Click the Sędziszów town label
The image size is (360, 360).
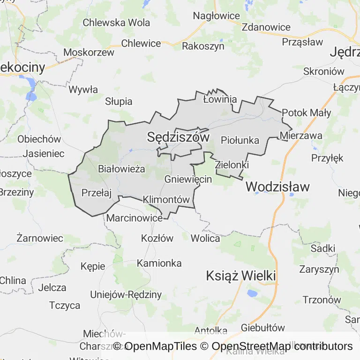tap(178, 137)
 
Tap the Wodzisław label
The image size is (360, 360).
tap(277, 187)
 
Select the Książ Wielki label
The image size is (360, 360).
tap(241, 276)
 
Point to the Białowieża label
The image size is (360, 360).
tap(121, 169)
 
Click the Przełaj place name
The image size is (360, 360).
tap(96, 192)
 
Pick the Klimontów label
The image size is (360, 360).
tap(166, 199)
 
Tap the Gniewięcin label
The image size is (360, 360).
tap(188, 179)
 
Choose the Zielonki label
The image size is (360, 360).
tap(232, 165)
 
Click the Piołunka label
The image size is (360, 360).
tap(240, 140)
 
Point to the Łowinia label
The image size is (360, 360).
tap(220, 99)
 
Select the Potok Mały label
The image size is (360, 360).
tap(307, 112)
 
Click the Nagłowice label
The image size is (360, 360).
tap(216, 16)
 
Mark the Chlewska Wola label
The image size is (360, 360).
tap(116, 22)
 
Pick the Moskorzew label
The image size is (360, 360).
tap(89, 52)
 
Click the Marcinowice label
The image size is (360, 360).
tap(135, 217)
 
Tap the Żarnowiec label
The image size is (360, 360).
tap(39, 238)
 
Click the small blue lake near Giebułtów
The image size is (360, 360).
tap(252, 293)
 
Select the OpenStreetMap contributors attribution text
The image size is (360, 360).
tap(282, 346)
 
